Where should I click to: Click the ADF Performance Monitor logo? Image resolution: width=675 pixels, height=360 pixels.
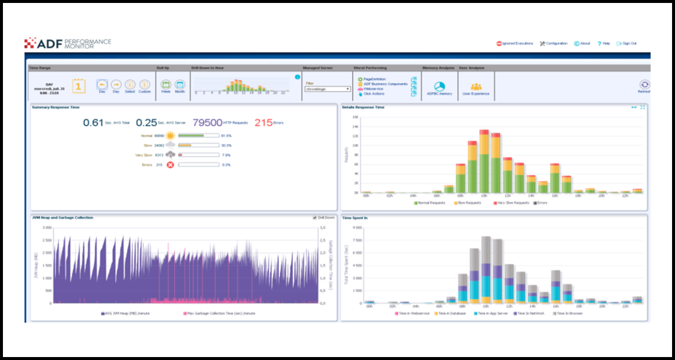[x=67, y=43]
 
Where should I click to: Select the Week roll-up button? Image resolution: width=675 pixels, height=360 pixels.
[x=166, y=85]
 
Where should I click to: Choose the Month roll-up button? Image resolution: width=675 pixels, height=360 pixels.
[x=180, y=85]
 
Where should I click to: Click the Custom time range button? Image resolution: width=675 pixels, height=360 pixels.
[x=144, y=85]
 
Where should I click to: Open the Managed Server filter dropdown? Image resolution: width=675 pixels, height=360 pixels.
[x=328, y=89]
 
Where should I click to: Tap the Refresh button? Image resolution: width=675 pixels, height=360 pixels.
[x=645, y=85]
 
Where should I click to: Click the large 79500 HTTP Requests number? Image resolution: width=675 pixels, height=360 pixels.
[x=208, y=123]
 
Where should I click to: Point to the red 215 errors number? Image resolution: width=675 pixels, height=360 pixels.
[x=263, y=123]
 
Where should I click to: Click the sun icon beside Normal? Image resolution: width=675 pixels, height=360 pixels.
[x=170, y=136]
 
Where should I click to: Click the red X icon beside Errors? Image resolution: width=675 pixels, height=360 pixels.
[x=170, y=165]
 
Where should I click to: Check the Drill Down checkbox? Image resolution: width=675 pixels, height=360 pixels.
[x=315, y=218]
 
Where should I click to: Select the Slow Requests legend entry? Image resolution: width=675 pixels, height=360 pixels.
[x=467, y=203]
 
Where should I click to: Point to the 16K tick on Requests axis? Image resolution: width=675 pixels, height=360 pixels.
[x=355, y=117]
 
